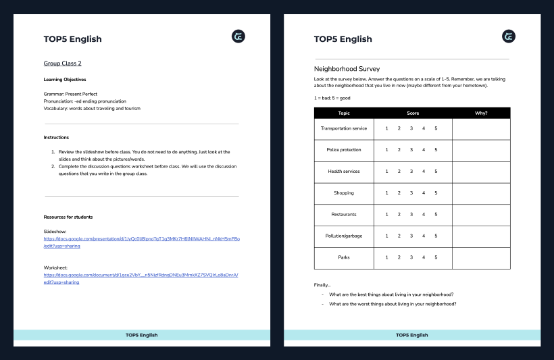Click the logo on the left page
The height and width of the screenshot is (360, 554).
click(x=238, y=36)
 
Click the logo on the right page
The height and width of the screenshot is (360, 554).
click(x=509, y=36)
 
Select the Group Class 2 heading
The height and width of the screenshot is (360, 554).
click(x=63, y=63)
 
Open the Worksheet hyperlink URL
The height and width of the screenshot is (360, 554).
click(x=141, y=278)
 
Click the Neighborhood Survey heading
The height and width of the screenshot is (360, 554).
click(x=347, y=69)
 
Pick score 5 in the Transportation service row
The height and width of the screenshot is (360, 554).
click(x=436, y=128)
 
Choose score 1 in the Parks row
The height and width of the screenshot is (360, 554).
click(x=386, y=257)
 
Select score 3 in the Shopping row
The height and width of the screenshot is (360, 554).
click(x=411, y=193)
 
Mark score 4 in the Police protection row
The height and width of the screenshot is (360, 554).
click(x=424, y=150)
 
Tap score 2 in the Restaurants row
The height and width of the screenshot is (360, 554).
click(x=399, y=215)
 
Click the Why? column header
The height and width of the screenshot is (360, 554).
click(x=481, y=113)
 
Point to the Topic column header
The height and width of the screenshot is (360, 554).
click(x=344, y=113)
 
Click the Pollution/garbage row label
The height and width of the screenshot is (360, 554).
click(x=344, y=236)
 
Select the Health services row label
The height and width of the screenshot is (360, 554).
click(x=344, y=172)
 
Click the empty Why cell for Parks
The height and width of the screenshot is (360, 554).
click(x=481, y=257)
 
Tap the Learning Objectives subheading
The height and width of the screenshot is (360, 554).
click(x=65, y=80)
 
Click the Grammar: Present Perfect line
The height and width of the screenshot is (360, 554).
click(x=71, y=94)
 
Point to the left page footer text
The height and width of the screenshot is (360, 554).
click(x=141, y=335)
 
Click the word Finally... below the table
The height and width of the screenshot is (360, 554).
click(x=322, y=284)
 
